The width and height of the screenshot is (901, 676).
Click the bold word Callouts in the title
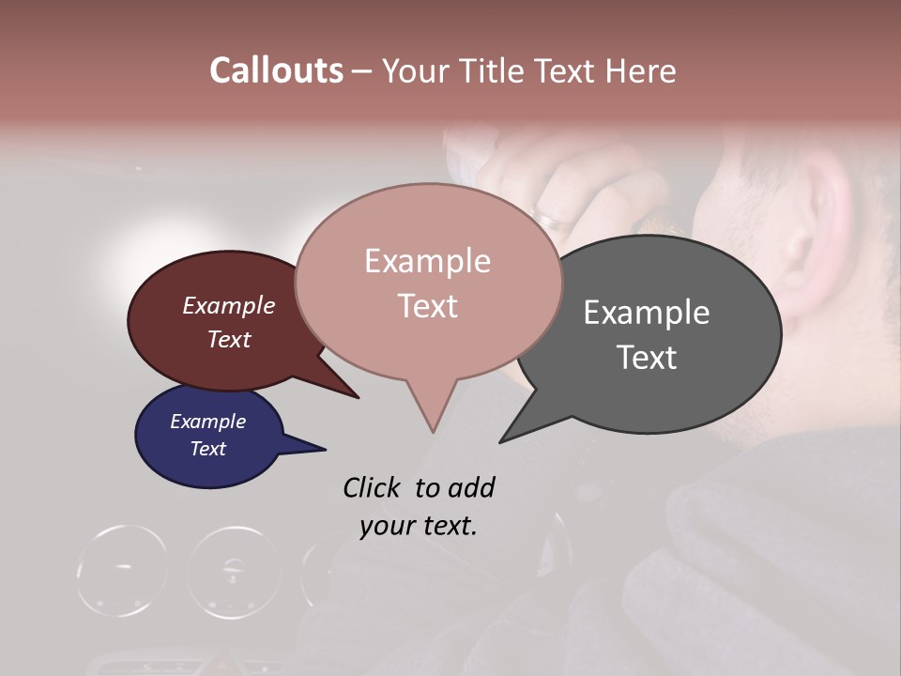(x=276, y=70)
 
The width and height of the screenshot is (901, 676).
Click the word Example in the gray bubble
(x=646, y=313)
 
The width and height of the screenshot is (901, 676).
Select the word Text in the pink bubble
(x=427, y=306)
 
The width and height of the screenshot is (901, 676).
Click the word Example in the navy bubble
(x=207, y=422)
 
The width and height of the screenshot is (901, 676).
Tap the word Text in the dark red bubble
(x=229, y=340)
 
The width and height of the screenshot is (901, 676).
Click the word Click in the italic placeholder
(x=374, y=487)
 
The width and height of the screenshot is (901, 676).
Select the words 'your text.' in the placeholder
(x=419, y=526)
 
